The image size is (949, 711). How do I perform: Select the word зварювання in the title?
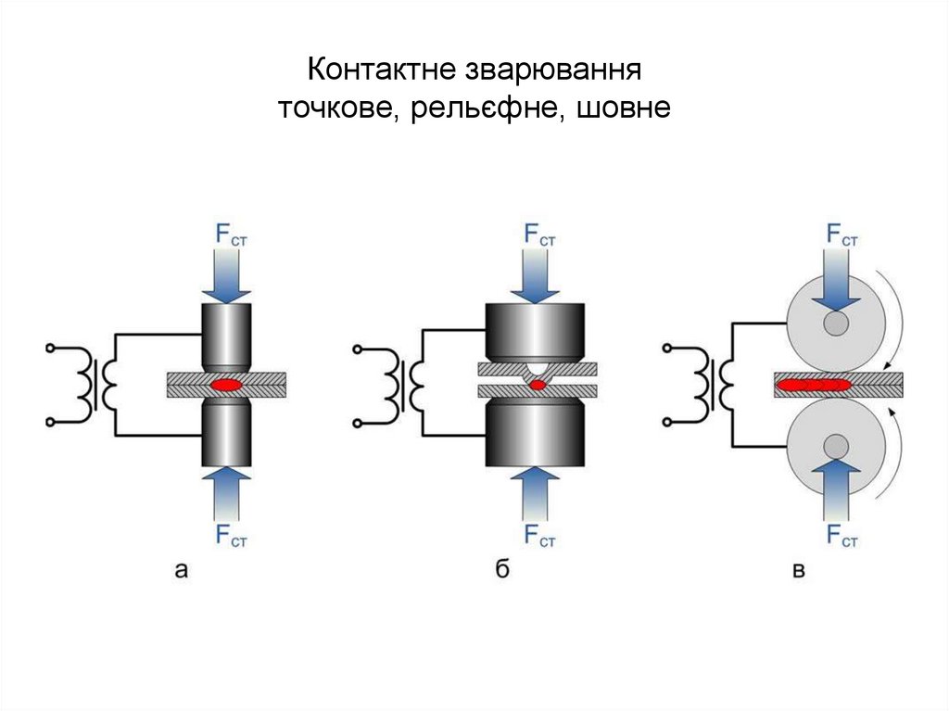click(551, 70)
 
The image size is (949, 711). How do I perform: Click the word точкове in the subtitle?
click(338, 110)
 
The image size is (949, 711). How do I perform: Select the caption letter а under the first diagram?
click(182, 571)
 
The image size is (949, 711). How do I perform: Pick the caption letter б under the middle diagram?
click(501, 570)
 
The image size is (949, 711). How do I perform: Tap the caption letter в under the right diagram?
click(798, 571)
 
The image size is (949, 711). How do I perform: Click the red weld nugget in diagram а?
click(226, 382)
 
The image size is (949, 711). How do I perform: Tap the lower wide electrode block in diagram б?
click(536, 434)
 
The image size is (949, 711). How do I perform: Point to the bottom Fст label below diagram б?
click(538, 535)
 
